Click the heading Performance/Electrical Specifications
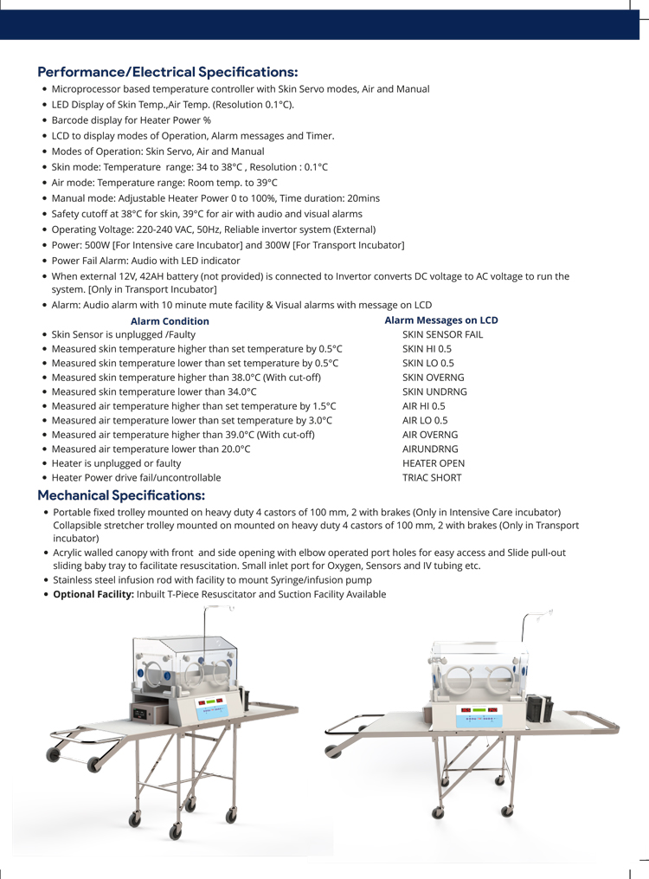(x=167, y=71)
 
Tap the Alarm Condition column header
(x=169, y=321)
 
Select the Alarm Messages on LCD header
(x=440, y=320)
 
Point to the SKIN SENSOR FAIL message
(x=442, y=334)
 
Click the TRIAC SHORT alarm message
(x=432, y=477)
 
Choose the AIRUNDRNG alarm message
(x=430, y=449)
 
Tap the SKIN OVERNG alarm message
(x=433, y=378)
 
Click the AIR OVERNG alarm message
(x=430, y=435)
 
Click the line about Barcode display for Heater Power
(x=131, y=120)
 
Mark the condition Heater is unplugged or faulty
(x=116, y=463)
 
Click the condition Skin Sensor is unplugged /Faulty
(x=123, y=334)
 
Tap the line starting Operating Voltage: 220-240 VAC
(x=213, y=229)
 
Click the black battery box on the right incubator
(x=543, y=708)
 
